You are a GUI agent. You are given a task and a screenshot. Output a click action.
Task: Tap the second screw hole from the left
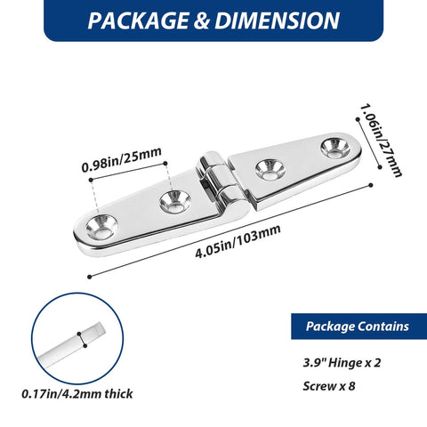click(x=171, y=203)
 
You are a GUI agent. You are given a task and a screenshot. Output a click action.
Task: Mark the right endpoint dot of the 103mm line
click(x=371, y=185)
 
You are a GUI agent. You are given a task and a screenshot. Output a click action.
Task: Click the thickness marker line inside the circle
click(x=81, y=337)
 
